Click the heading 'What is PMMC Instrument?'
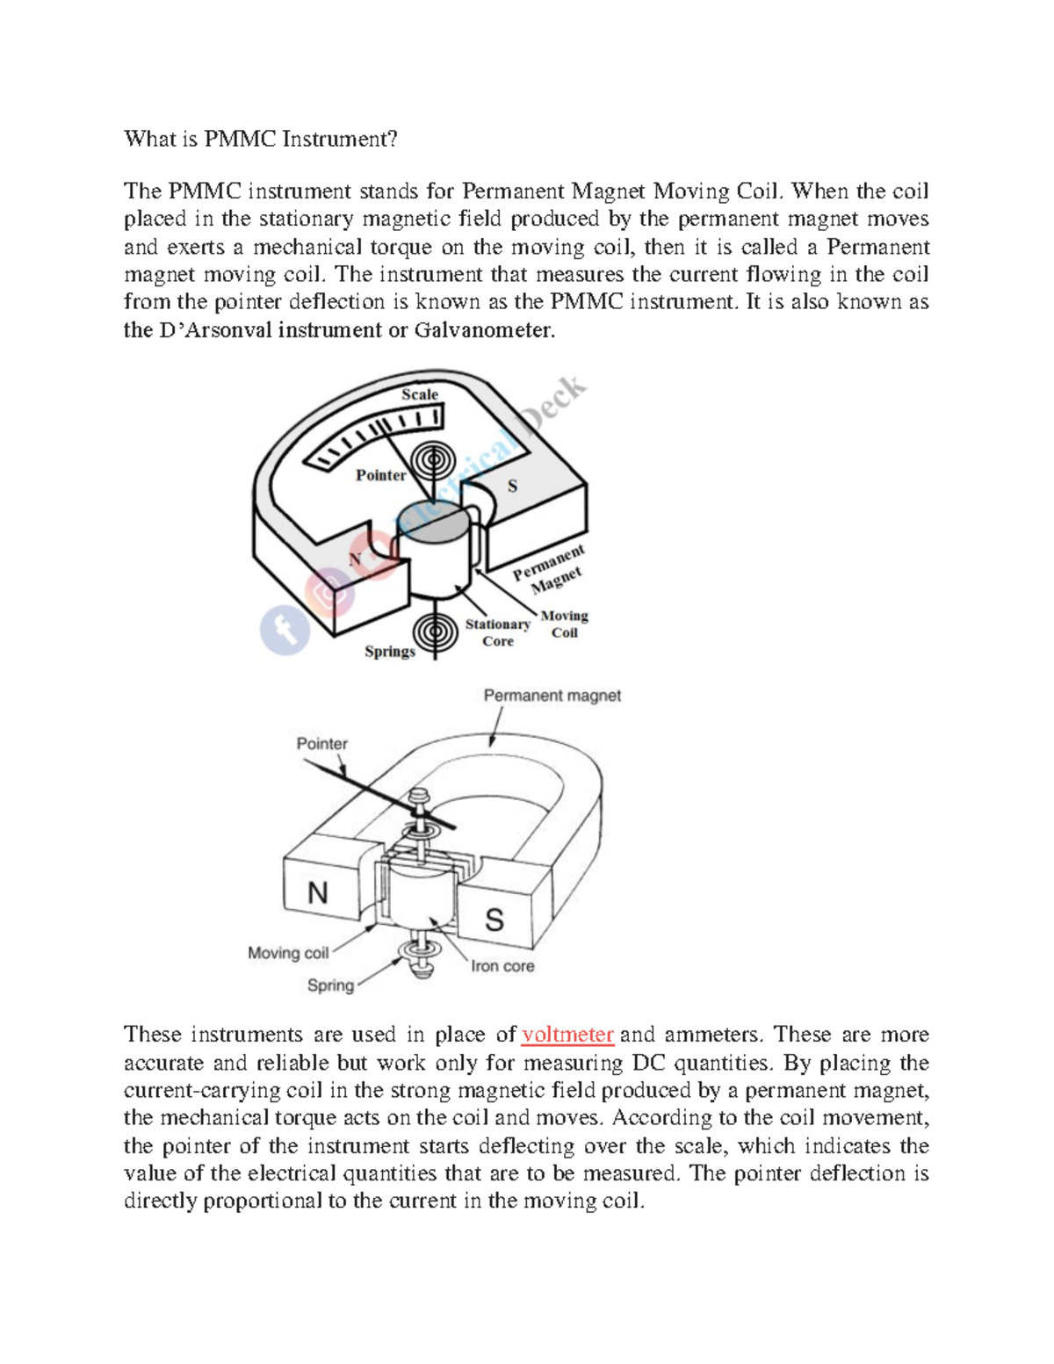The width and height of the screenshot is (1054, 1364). coord(261,139)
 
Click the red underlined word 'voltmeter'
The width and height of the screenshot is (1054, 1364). coord(567,1035)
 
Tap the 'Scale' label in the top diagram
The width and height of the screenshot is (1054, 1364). coord(419,394)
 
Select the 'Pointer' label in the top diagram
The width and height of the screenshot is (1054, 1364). coord(380,475)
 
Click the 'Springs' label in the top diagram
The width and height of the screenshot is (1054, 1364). coord(389,651)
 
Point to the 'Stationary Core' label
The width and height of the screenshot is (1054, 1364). coord(497,632)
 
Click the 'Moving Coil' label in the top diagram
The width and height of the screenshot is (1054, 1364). coord(564,624)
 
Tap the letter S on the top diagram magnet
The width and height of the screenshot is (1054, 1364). coord(513,486)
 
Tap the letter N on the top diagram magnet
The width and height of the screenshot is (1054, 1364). coord(355,559)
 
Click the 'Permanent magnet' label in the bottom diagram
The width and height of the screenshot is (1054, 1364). coord(552,696)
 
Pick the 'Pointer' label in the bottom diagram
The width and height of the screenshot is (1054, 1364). coord(321,744)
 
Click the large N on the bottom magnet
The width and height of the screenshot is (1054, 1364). coord(317,892)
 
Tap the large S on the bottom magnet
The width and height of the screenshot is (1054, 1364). coord(495,920)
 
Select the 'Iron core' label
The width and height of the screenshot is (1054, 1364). coord(502,966)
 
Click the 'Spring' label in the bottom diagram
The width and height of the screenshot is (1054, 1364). coord(330,985)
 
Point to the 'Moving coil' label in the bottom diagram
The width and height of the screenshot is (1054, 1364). coord(287,953)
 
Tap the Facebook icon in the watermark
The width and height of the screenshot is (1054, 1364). coord(285,629)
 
